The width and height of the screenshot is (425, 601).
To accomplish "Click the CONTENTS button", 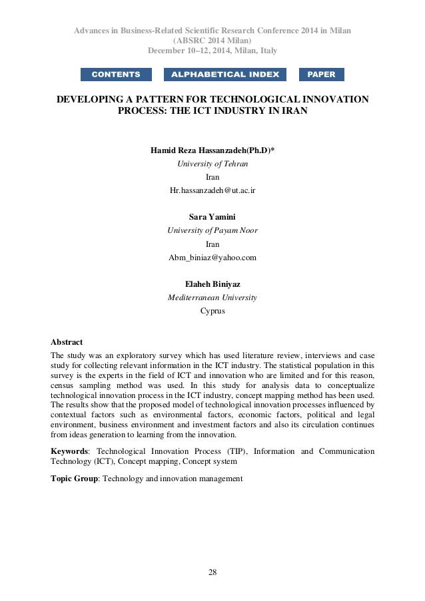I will coord(116,75).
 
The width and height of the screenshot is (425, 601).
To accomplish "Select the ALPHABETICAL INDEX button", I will coord(225,75).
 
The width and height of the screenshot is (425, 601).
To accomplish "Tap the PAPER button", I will coord(322,75).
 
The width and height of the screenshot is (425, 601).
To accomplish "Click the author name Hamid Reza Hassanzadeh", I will coord(212,150).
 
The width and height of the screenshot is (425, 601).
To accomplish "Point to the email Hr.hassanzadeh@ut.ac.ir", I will coord(212,190).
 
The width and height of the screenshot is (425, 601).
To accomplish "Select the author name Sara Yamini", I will coord(212,217).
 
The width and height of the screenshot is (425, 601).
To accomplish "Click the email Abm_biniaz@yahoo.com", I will coord(212,258).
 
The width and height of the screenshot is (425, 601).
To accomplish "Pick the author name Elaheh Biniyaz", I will coord(212,284).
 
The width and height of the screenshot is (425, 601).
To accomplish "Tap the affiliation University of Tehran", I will coord(212,163).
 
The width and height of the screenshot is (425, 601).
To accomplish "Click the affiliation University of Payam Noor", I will coord(212,230).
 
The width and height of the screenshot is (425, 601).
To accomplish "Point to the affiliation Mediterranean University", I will coord(212,298).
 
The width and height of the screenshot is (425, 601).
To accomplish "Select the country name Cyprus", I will coord(212,311).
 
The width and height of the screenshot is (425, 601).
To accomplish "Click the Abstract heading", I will coord(67,342).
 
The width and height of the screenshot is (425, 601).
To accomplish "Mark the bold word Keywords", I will coord(69,451).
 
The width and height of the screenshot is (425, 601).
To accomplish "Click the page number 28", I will coord(212,572).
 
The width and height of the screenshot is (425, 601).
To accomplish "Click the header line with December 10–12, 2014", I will coord(212,51).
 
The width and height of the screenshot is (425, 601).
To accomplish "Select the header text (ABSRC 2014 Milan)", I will coord(212,41).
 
